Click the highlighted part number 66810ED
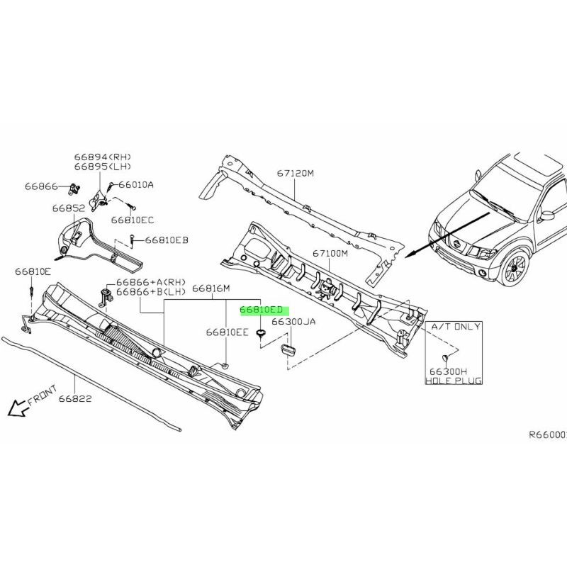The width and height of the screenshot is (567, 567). pos(261,310)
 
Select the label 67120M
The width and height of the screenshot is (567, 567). pos(296,173)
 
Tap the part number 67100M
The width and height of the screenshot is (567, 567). pos(330,254)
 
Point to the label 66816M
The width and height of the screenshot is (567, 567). pos(210,288)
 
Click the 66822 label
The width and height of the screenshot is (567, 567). pos(75,398)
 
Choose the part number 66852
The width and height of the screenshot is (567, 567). pos(69,208)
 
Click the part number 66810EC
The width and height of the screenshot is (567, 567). pos(133,220)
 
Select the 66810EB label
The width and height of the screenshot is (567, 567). pos(167,240)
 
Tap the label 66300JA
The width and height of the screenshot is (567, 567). pos(293,322)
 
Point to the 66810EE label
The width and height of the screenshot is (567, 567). pos(228,332)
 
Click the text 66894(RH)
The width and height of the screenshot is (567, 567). pos(103,157)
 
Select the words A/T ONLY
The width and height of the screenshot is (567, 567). pos(456,327)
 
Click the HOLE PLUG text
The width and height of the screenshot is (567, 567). pos(454,381)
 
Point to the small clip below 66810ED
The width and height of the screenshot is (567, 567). pos(260,333)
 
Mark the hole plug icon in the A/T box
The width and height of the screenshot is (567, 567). pos(445,359)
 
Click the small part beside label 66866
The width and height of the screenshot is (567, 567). pos(75,188)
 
